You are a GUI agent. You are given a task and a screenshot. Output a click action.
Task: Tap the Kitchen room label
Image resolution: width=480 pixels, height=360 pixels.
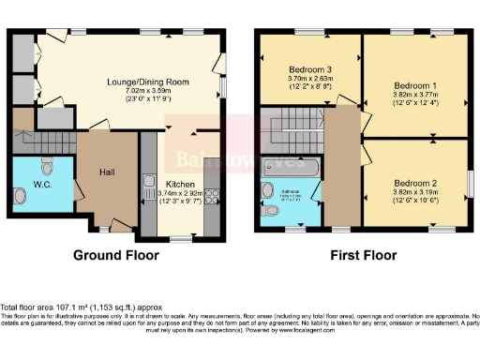pyautogui.click(x=180, y=185)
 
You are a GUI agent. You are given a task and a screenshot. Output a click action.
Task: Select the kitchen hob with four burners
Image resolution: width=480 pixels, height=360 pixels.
pyautogui.click(x=212, y=197)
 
